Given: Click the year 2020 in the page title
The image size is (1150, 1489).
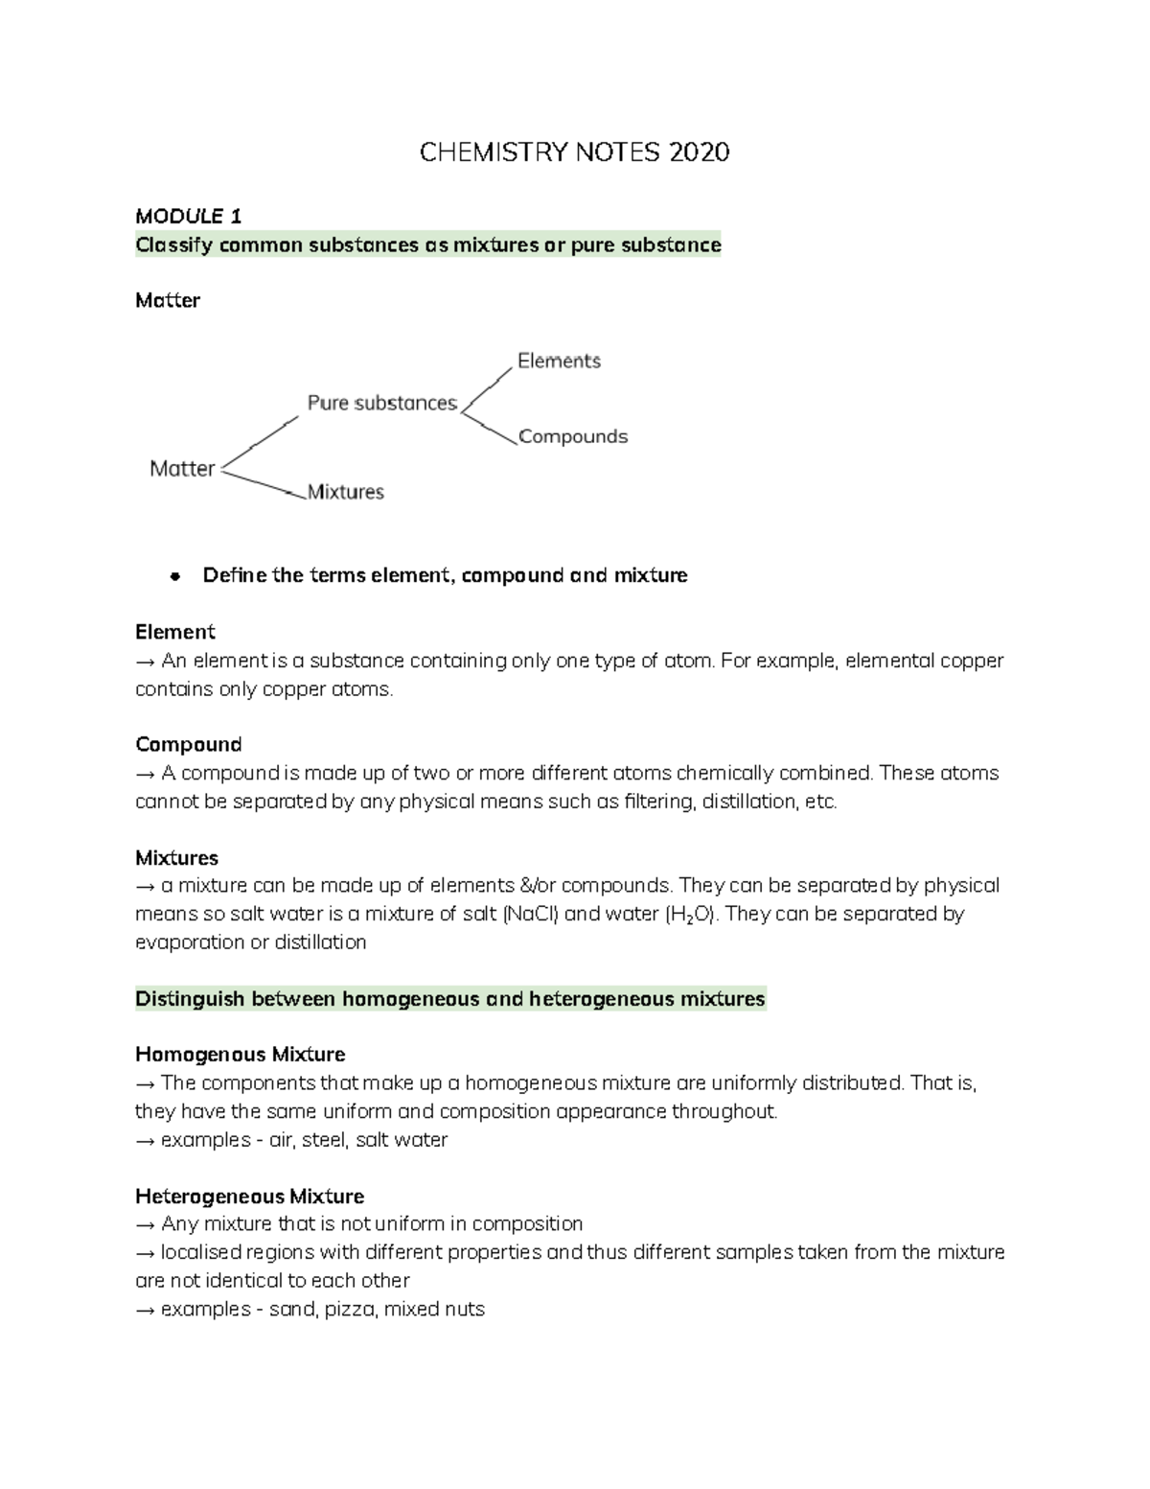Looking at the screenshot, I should [700, 152].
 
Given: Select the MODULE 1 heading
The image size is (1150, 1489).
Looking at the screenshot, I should [188, 216].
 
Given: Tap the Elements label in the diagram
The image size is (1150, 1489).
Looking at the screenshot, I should [559, 361].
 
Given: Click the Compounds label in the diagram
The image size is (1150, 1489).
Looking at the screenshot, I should [573, 437].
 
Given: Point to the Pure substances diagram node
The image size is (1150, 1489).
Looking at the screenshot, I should [381, 404].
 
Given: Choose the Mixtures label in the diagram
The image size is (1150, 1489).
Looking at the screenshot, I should [345, 493].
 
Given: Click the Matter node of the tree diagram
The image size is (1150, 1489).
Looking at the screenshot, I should [182, 469].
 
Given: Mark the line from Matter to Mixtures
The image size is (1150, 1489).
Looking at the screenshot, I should [261, 482].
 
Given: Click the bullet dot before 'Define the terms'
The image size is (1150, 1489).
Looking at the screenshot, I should [174, 577].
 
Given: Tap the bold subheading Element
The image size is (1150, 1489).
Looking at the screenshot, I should [174, 633].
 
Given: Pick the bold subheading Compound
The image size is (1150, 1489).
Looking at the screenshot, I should [188, 745].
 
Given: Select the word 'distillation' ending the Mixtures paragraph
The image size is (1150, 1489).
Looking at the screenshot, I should [320, 942].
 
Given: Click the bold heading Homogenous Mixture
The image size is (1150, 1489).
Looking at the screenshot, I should [240, 1055].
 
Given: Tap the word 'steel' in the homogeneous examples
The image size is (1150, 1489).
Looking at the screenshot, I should [327, 1140].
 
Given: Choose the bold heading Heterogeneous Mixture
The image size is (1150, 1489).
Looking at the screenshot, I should [249, 1197].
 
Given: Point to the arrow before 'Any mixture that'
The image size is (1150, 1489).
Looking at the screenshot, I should [146, 1225].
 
